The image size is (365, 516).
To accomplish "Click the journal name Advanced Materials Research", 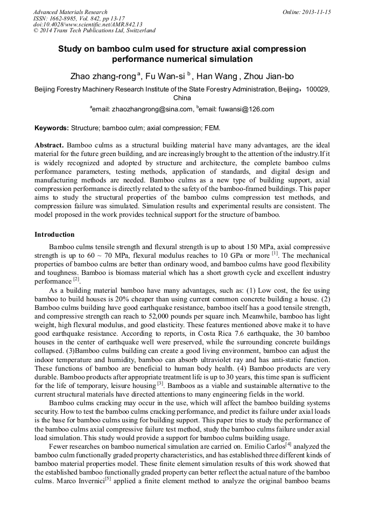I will click(70, 12).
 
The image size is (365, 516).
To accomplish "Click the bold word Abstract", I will click(50, 145).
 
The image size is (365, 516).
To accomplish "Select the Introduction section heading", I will click(54, 235).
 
